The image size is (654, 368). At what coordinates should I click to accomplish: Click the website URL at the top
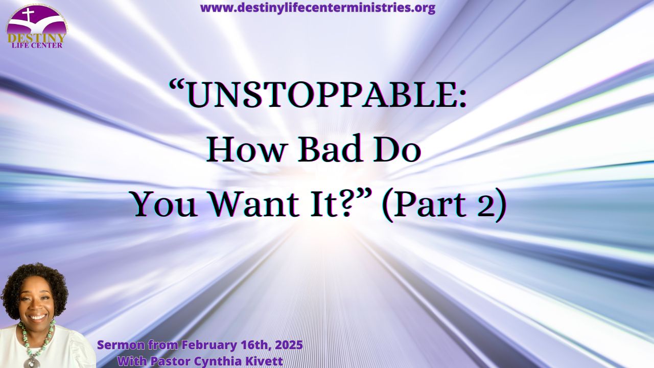(318, 8)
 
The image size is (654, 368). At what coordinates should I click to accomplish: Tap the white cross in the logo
(28, 15)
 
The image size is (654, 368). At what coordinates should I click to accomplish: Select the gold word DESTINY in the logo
(37, 38)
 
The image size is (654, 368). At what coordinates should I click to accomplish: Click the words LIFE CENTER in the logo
(37, 45)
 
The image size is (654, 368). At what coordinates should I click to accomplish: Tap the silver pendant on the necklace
(32, 362)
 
